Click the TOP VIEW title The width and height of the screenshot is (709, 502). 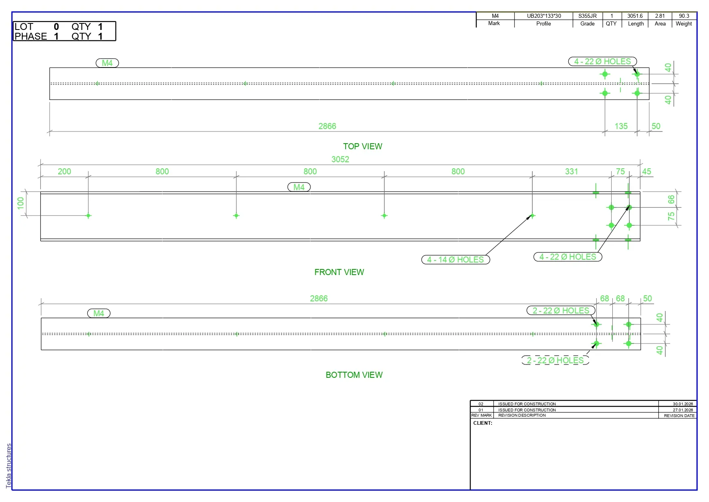pyautogui.click(x=363, y=146)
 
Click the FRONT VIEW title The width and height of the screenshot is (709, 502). pyautogui.click(x=339, y=272)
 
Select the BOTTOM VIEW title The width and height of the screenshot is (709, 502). pyautogui.click(x=354, y=375)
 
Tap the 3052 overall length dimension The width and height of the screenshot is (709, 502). pyautogui.click(x=340, y=159)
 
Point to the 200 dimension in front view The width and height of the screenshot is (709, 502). pyautogui.click(x=64, y=172)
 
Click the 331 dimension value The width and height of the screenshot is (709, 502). pyautogui.click(x=572, y=172)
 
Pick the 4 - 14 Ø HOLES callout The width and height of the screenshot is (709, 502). pyautogui.click(x=456, y=260)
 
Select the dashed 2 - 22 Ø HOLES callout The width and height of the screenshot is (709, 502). pyautogui.click(x=555, y=360)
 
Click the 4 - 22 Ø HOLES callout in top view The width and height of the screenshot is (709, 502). pyautogui.click(x=603, y=61)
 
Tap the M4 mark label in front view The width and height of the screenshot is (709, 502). pyautogui.click(x=299, y=187)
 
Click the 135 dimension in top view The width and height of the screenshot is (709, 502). pyautogui.click(x=621, y=126)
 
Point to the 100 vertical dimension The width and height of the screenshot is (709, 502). pyautogui.click(x=21, y=203)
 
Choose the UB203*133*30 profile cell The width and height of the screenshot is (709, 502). pyautogui.click(x=544, y=16)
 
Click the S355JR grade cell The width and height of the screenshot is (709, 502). pyautogui.click(x=587, y=16)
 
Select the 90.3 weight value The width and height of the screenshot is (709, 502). pyautogui.click(x=684, y=16)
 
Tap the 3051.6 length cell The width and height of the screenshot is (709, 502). pyautogui.click(x=635, y=16)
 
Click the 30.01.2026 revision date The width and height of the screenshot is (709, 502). pyautogui.click(x=683, y=404)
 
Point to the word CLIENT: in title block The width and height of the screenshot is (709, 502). pyautogui.click(x=483, y=423)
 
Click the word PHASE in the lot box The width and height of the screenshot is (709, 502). pyautogui.click(x=31, y=36)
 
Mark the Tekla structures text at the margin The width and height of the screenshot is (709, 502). pyautogui.click(x=9, y=466)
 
